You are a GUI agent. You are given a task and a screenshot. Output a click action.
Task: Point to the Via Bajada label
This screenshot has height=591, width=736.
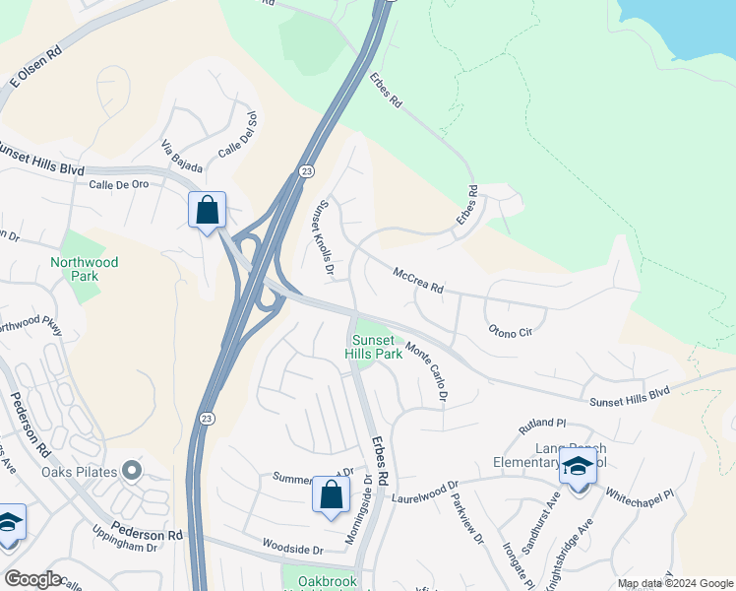(181, 155)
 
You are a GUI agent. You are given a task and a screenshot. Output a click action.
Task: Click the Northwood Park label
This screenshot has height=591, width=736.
(85, 269)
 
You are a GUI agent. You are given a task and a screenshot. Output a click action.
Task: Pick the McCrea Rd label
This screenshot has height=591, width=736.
(419, 281)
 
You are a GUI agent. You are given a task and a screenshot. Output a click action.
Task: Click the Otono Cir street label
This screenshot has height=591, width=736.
(510, 331)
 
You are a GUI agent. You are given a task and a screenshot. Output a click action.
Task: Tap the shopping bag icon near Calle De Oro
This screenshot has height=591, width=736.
(207, 210)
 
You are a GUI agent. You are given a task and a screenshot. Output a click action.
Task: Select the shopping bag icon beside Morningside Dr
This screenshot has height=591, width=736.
(331, 495)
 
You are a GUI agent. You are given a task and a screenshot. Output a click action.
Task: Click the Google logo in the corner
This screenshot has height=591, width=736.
(32, 579)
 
